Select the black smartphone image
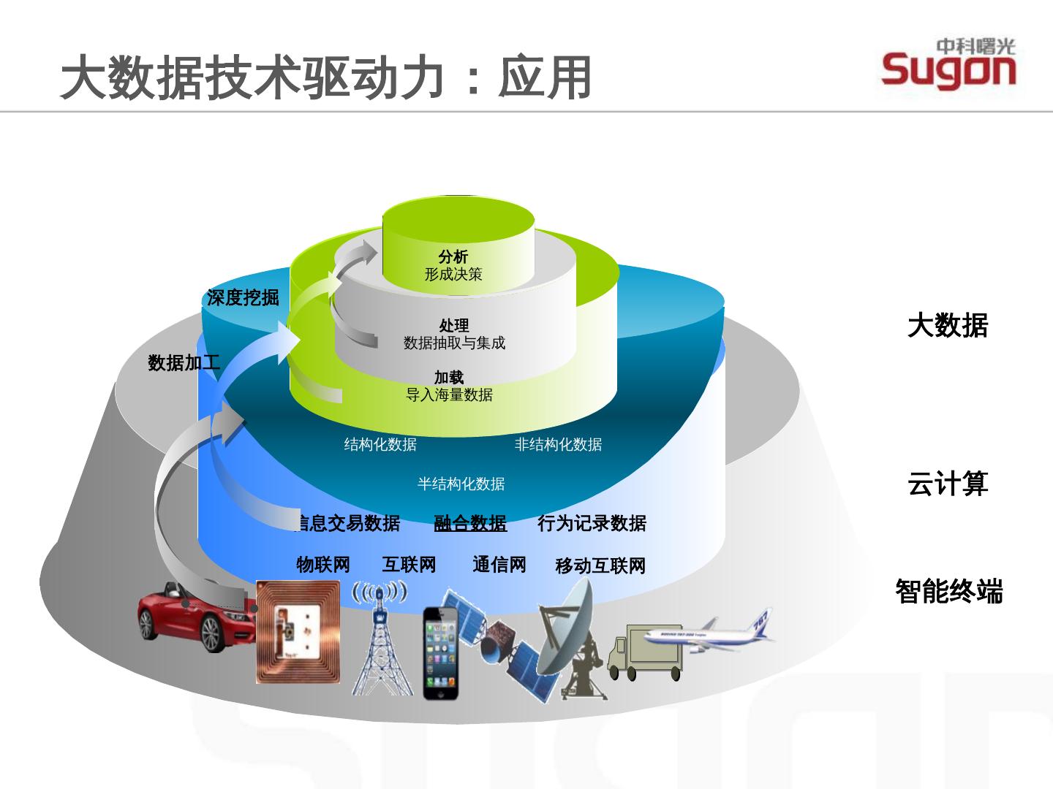[443, 652]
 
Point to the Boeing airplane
[706, 631]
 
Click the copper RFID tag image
[298, 631]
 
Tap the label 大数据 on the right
[948, 325]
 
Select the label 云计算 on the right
[948, 484]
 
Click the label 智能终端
[949, 590]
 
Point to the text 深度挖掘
[243, 297]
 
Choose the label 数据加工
[184, 362]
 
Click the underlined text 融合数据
[470, 523]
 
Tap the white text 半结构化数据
[461, 484]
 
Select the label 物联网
[322, 564]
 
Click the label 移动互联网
[600, 565]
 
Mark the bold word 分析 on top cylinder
[453, 256]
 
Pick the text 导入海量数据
[449, 395]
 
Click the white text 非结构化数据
[558, 444]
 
